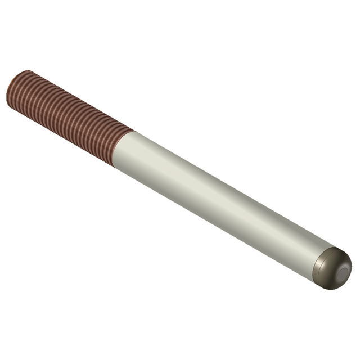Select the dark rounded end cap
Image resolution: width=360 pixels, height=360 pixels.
[332, 269]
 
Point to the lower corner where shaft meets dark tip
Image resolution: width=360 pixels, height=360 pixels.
[312, 277]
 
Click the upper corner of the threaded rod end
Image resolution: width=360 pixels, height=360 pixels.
[26, 71]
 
